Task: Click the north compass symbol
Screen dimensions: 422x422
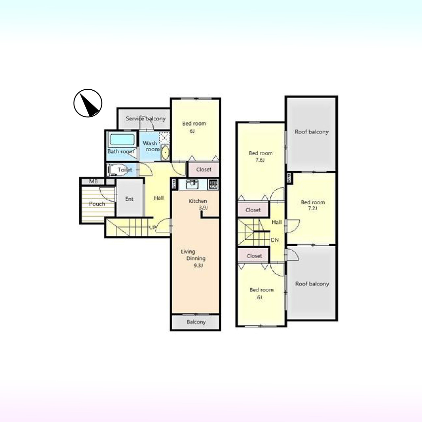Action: (88, 103)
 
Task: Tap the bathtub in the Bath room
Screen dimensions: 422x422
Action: (122, 139)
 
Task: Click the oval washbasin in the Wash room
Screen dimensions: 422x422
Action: (165, 152)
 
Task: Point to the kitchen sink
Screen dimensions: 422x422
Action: (192, 184)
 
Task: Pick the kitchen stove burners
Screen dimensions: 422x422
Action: (213, 184)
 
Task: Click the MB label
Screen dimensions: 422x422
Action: (94, 181)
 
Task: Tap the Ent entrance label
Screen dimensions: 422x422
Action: (129, 199)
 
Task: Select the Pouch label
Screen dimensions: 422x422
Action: (97, 204)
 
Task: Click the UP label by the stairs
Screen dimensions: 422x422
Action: (152, 227)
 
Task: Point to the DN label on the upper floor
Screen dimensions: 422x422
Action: (275, 240)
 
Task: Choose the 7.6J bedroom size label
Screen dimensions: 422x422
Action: (260, 160)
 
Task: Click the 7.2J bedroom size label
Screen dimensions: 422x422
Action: (313, 208)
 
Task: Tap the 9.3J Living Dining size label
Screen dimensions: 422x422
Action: (198, 266)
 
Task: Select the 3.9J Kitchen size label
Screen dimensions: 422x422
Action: (203, 207)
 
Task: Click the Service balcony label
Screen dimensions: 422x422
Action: (146, 119)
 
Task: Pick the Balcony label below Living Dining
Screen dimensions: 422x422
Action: (196, 322)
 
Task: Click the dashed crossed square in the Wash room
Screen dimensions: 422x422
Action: (164, 137)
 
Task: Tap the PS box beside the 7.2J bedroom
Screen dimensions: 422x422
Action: (289, 178)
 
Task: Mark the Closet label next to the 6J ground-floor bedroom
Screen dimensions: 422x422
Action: (204, 169)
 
